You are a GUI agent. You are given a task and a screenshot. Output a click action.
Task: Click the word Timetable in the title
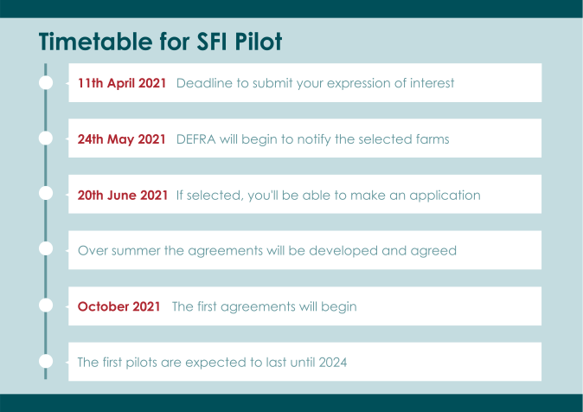coord(95,41)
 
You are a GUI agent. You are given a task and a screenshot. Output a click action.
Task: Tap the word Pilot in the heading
coord(259,41)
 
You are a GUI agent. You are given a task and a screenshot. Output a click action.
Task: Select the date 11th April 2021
coord(122,83)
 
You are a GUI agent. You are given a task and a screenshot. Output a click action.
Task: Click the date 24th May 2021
coord(122,139)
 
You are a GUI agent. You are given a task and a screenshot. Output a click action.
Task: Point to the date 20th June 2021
coord(123,195)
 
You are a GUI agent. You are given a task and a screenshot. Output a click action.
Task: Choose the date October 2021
coord(119,306)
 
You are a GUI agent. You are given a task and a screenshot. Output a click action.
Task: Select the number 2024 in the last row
coord(333,362)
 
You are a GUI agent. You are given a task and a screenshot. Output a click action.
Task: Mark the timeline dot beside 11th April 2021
coord(46,82)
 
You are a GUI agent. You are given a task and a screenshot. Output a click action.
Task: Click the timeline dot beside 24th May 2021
coord(46,138)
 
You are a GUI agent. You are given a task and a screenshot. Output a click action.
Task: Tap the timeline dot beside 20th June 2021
coord(46,194)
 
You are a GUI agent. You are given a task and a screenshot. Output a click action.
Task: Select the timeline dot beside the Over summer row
coord(46,248)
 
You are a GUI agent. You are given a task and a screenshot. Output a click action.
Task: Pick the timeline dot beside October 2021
coord(46,306)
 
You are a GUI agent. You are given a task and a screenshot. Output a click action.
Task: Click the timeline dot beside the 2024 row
coord(46,362)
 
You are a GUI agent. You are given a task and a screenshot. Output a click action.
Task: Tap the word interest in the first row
coord(432,83)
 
